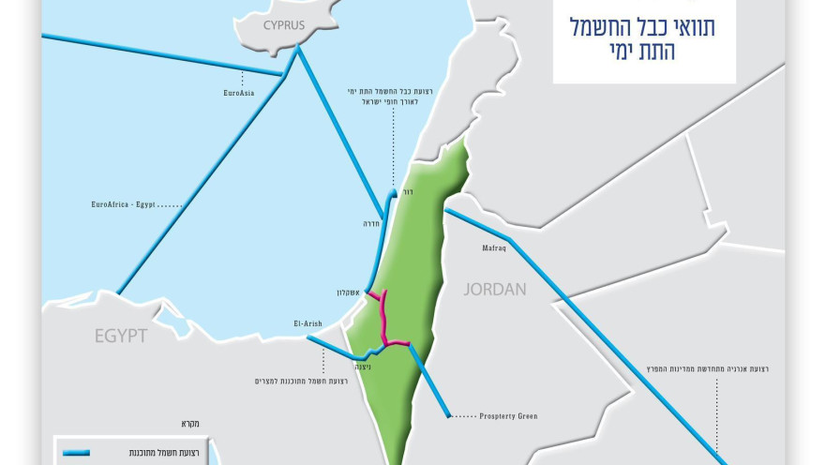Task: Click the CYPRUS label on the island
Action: coord(283,25)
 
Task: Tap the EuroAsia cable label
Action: coord(239,93)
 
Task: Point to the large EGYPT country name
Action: coord(120,335)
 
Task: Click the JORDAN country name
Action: coord(495,289)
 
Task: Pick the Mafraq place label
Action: coord(494,248)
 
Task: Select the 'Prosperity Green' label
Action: coord(507,415)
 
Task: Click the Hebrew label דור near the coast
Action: coord(408,191)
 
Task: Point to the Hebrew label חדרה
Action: coord(374,224)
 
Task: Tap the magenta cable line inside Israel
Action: coord(385,319)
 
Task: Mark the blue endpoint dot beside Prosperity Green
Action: coord(448,414)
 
